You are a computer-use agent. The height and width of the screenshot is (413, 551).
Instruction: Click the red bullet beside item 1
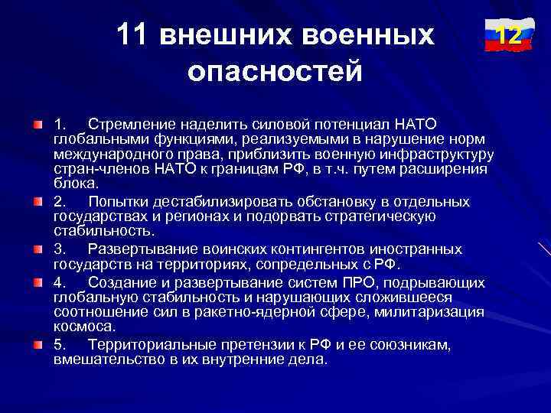(x=38, y=123)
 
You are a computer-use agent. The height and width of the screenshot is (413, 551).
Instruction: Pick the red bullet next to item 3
(x=38, y=249)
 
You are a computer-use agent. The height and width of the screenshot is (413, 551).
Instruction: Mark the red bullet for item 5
(x=38, y=345)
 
